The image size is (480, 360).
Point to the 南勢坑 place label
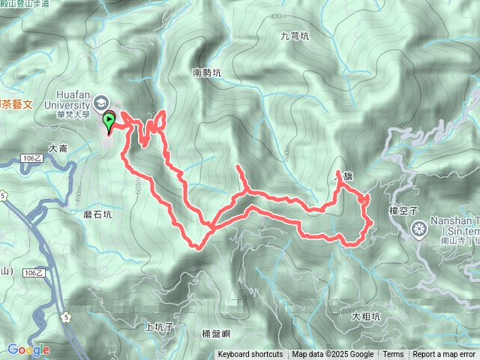pos(207,73)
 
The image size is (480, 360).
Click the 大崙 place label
pos(58,148)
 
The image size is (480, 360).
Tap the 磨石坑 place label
pos(97,214)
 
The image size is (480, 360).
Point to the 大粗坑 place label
pos(365,316)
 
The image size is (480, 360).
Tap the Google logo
pos(28,349)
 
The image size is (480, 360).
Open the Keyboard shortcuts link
pos(250,355)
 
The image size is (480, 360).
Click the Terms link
pos(393,355)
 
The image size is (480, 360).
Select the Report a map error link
pos(444,355)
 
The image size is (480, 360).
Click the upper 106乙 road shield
pos(31,158)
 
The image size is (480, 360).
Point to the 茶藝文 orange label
pos(14,103)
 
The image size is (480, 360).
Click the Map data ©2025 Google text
pos(332,355)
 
